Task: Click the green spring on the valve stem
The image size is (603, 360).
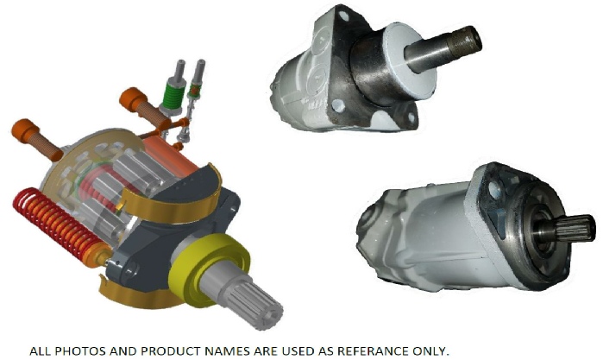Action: click(172, 95)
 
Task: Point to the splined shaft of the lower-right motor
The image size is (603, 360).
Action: click(573, 229)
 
